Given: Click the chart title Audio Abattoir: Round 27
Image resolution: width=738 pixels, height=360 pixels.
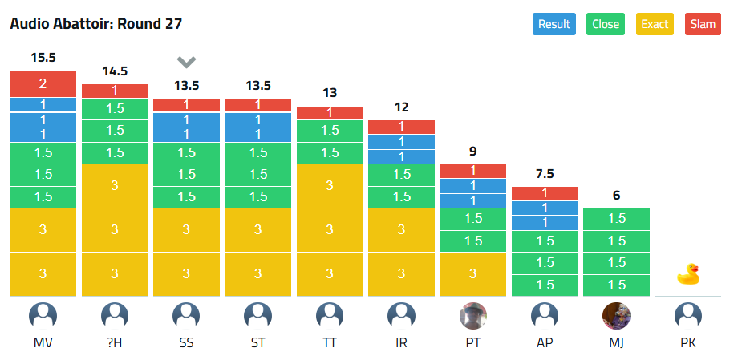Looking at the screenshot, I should click(96, 24).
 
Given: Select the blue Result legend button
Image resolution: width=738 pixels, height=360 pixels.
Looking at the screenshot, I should click(554, 24).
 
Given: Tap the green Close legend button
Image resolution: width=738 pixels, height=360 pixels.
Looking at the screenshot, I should click(606, 24).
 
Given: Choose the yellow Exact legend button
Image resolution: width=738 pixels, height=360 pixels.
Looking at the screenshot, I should click(655, 24).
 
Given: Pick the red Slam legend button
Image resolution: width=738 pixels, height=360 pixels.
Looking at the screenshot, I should click(703, 24).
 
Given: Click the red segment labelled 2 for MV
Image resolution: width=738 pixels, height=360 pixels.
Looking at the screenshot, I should click(43, 83).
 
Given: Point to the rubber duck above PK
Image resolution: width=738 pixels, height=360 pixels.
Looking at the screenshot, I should click(688, 275).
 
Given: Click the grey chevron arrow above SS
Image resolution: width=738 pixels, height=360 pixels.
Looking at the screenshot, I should click(186, 62).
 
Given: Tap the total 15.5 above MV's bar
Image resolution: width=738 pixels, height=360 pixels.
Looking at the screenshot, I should click(43, 58).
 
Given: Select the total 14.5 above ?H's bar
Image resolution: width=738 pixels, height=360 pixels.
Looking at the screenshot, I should click(115, 71).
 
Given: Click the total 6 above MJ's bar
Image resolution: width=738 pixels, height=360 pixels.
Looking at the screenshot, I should click(616, 196).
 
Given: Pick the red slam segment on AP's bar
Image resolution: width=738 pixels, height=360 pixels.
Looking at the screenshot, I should click(545, 193).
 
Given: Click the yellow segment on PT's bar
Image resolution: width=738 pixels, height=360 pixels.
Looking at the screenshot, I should click(473, 273).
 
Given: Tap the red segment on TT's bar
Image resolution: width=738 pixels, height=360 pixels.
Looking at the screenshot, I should click(330, 113).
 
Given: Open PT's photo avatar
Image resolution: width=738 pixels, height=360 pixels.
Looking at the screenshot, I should click(473, 316).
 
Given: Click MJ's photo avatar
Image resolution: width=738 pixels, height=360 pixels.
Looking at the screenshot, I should click(616, 316).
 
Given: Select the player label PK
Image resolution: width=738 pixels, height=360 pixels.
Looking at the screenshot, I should click(688, 343).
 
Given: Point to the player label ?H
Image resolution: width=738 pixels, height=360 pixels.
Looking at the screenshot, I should click(115, 343).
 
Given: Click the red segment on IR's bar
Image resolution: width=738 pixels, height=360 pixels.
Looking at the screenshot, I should click(401, 127).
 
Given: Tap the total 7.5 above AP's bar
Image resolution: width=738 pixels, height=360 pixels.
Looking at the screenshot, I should click(545, 174).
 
